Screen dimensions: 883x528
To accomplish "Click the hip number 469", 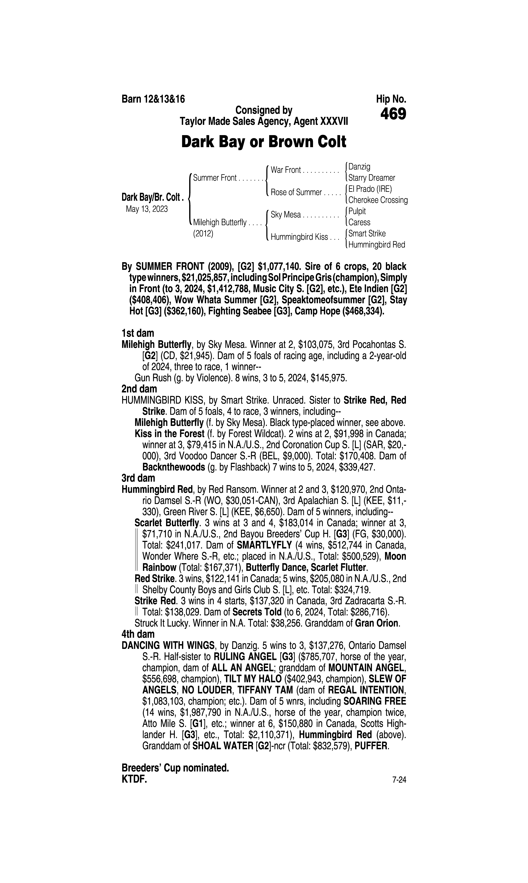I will (393, 114).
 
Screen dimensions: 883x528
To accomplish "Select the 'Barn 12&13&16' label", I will (153, 99).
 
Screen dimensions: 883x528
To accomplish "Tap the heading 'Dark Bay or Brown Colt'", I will (264, 142).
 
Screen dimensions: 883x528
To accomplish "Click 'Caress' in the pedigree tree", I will (359, 222).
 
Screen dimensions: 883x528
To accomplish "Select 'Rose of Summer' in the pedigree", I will (296, 192).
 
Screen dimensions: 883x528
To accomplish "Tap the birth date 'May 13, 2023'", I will (147, 209).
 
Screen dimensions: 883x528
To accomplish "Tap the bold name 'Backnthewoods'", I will (174, 467).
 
